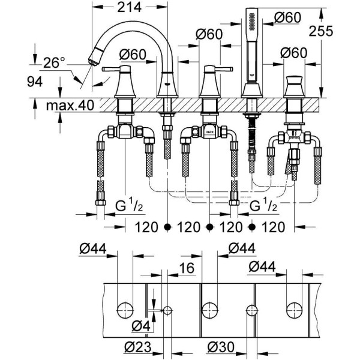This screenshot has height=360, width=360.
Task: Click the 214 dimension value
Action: pos(128,8)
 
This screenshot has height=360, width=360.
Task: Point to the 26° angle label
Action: pos(53,62)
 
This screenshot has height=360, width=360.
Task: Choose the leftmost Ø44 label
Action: pos(92,248)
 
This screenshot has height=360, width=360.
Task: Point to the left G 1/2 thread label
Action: pos(128,206)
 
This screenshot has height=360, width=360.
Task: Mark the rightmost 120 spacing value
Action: pos(274,227)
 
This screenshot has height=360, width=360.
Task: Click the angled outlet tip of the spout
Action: pos(93,59)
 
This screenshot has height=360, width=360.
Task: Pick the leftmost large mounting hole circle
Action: pos(124,310)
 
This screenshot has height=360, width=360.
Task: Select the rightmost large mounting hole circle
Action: pos(294,310)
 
